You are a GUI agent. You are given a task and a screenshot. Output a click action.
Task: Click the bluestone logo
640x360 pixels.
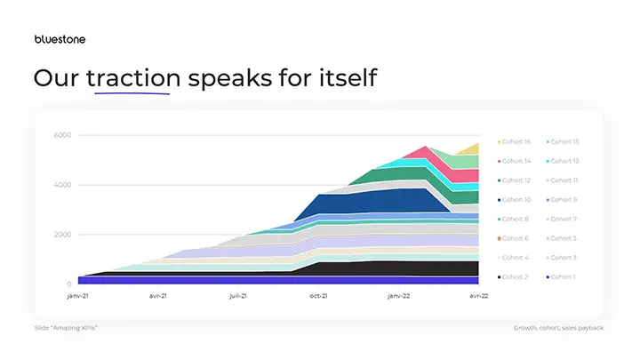(x=60, y=39)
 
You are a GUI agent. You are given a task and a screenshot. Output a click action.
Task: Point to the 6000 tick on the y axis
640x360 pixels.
(x=62, y=135)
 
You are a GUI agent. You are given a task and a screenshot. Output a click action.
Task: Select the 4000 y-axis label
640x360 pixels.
(x=62, y=185)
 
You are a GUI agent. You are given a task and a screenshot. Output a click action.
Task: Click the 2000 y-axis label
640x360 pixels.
(x=62, y=235)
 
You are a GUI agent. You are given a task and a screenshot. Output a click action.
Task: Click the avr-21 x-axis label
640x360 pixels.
(x=159, y=296)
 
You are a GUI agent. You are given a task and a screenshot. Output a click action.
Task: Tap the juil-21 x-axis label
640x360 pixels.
(x=238, y=296)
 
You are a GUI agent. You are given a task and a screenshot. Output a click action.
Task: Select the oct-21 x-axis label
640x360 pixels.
(x=318, y=296)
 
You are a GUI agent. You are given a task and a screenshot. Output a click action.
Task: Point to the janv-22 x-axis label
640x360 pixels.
(x=397, y=296)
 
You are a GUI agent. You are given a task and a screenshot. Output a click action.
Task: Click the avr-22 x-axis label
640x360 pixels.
(x=477, y=296)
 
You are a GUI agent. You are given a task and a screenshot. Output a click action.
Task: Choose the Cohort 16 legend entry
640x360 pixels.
(x=516, y=141)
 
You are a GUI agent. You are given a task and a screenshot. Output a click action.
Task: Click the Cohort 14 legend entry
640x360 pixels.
(x=516, y=161)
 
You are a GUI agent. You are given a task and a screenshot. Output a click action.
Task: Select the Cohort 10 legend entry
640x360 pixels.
(x=516, y=200)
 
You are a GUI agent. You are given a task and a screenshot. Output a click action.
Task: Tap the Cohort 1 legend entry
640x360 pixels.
(x=564, y=277)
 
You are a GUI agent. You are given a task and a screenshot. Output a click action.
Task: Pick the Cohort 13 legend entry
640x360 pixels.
(x=564, y=161)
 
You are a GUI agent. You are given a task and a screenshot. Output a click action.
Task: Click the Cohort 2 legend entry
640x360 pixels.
(x=516, y=277)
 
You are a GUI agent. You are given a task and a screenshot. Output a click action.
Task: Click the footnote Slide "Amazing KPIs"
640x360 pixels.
(x=66, y=328)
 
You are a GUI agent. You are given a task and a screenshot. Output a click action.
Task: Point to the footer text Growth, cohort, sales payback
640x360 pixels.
(x=558, y=328)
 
